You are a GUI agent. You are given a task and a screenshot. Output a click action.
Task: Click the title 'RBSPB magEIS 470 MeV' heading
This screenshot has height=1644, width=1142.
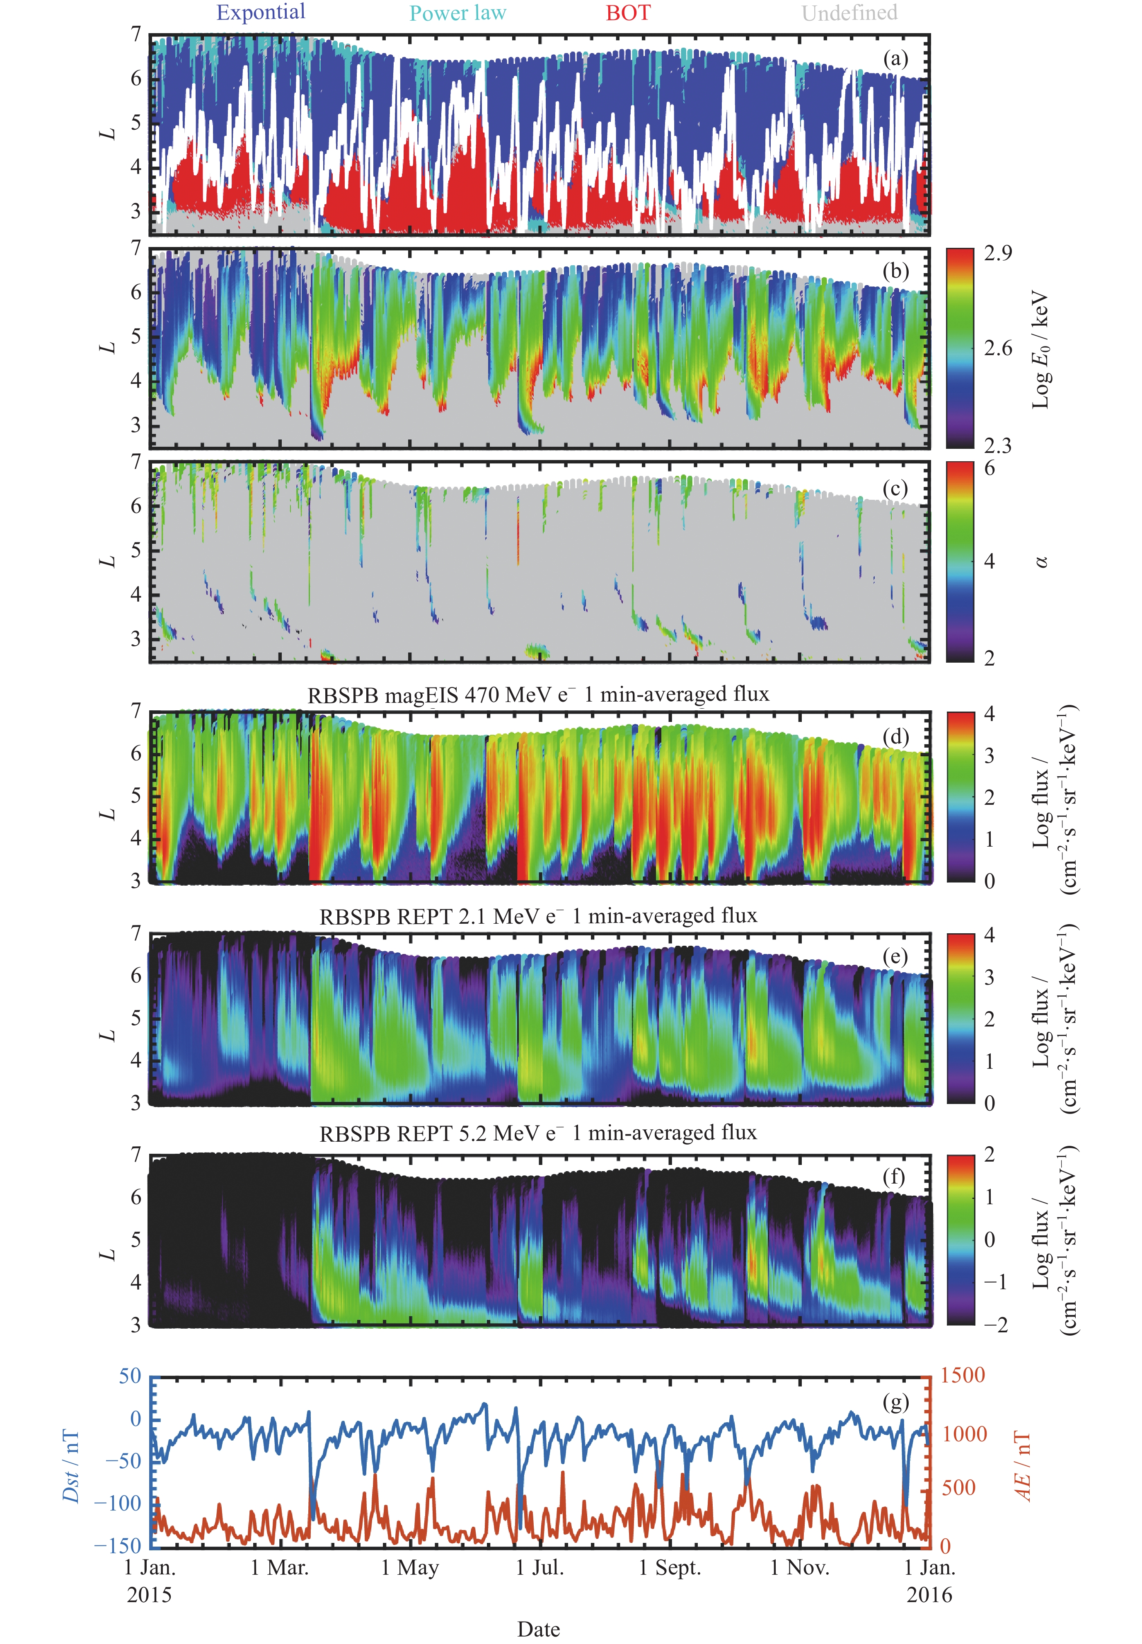538,695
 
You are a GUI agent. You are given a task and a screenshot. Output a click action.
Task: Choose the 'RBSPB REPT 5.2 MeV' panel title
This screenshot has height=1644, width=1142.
538,1133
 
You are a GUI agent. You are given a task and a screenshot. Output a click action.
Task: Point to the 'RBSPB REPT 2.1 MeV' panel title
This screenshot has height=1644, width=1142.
538,916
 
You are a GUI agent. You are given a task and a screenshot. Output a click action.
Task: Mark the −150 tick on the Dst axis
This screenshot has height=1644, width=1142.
118,1546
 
